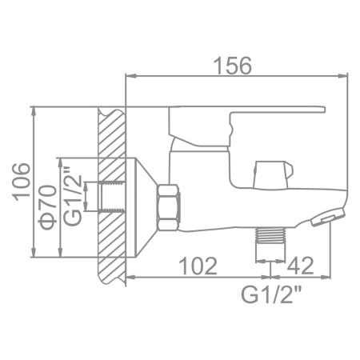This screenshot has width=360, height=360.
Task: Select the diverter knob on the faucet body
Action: coord(268,171)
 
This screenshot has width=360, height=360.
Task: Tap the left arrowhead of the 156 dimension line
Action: coord(130,78)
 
